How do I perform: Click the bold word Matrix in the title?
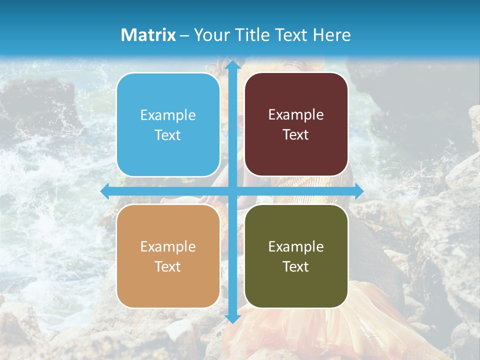coord(148,35)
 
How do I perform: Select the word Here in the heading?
coord(331,35)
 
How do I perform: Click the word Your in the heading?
coord(210,35)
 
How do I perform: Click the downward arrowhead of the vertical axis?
coord(232,318)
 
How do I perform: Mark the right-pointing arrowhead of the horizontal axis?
coord(358,191)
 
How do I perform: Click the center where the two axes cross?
coord(232,191)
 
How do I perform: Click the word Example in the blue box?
coord(168,115)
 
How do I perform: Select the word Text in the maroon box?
coord(296,135)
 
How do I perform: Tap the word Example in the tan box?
coord(168,247)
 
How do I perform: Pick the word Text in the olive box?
coord(296,266)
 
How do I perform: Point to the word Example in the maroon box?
coord(296,115)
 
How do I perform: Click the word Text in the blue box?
coord(168,135)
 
